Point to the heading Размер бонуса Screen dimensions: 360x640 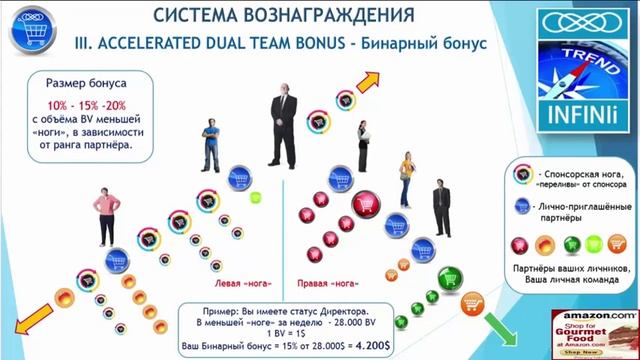84,85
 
